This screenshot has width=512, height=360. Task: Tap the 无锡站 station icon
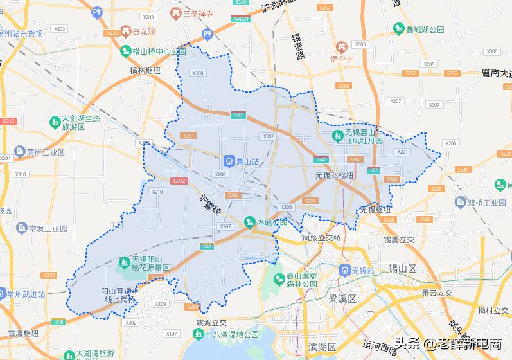click(x=346, y=271)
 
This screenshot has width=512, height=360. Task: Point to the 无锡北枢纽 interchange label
click(x=334, y=175)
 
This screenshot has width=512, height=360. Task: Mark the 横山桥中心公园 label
click(x=159, y=51)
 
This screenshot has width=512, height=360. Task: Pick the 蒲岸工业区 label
click(x=46, y=152)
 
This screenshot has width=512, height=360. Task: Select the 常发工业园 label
click(x=48, y=228)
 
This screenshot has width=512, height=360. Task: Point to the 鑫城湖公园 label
click(x=425, y=30)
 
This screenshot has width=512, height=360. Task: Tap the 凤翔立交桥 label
click(x=321, y=237)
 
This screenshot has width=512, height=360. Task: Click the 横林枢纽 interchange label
click(x=145, y=71)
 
